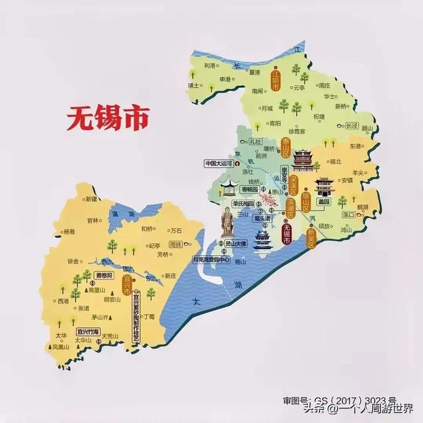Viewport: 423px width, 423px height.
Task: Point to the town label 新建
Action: pos(91,199)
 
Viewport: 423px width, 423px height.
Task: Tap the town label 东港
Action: pos(356,145)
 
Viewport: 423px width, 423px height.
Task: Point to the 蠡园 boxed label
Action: pos(323,201)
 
